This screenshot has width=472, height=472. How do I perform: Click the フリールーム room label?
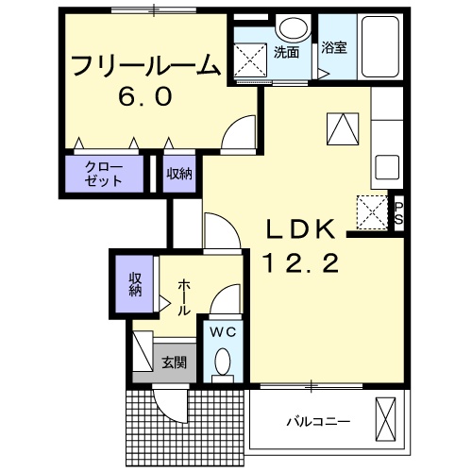146,69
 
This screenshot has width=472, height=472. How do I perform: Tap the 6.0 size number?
145,97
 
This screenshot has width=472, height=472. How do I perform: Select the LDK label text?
298,231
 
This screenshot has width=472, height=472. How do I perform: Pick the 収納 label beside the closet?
179,174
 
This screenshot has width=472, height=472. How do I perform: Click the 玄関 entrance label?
173,362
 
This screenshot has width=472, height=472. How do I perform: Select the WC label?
223,331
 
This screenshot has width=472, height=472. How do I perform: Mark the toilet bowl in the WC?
223,361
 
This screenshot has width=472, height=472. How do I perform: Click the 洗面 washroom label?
286,53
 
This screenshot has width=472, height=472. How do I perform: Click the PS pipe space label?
399,213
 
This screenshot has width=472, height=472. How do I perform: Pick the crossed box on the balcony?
386,418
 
